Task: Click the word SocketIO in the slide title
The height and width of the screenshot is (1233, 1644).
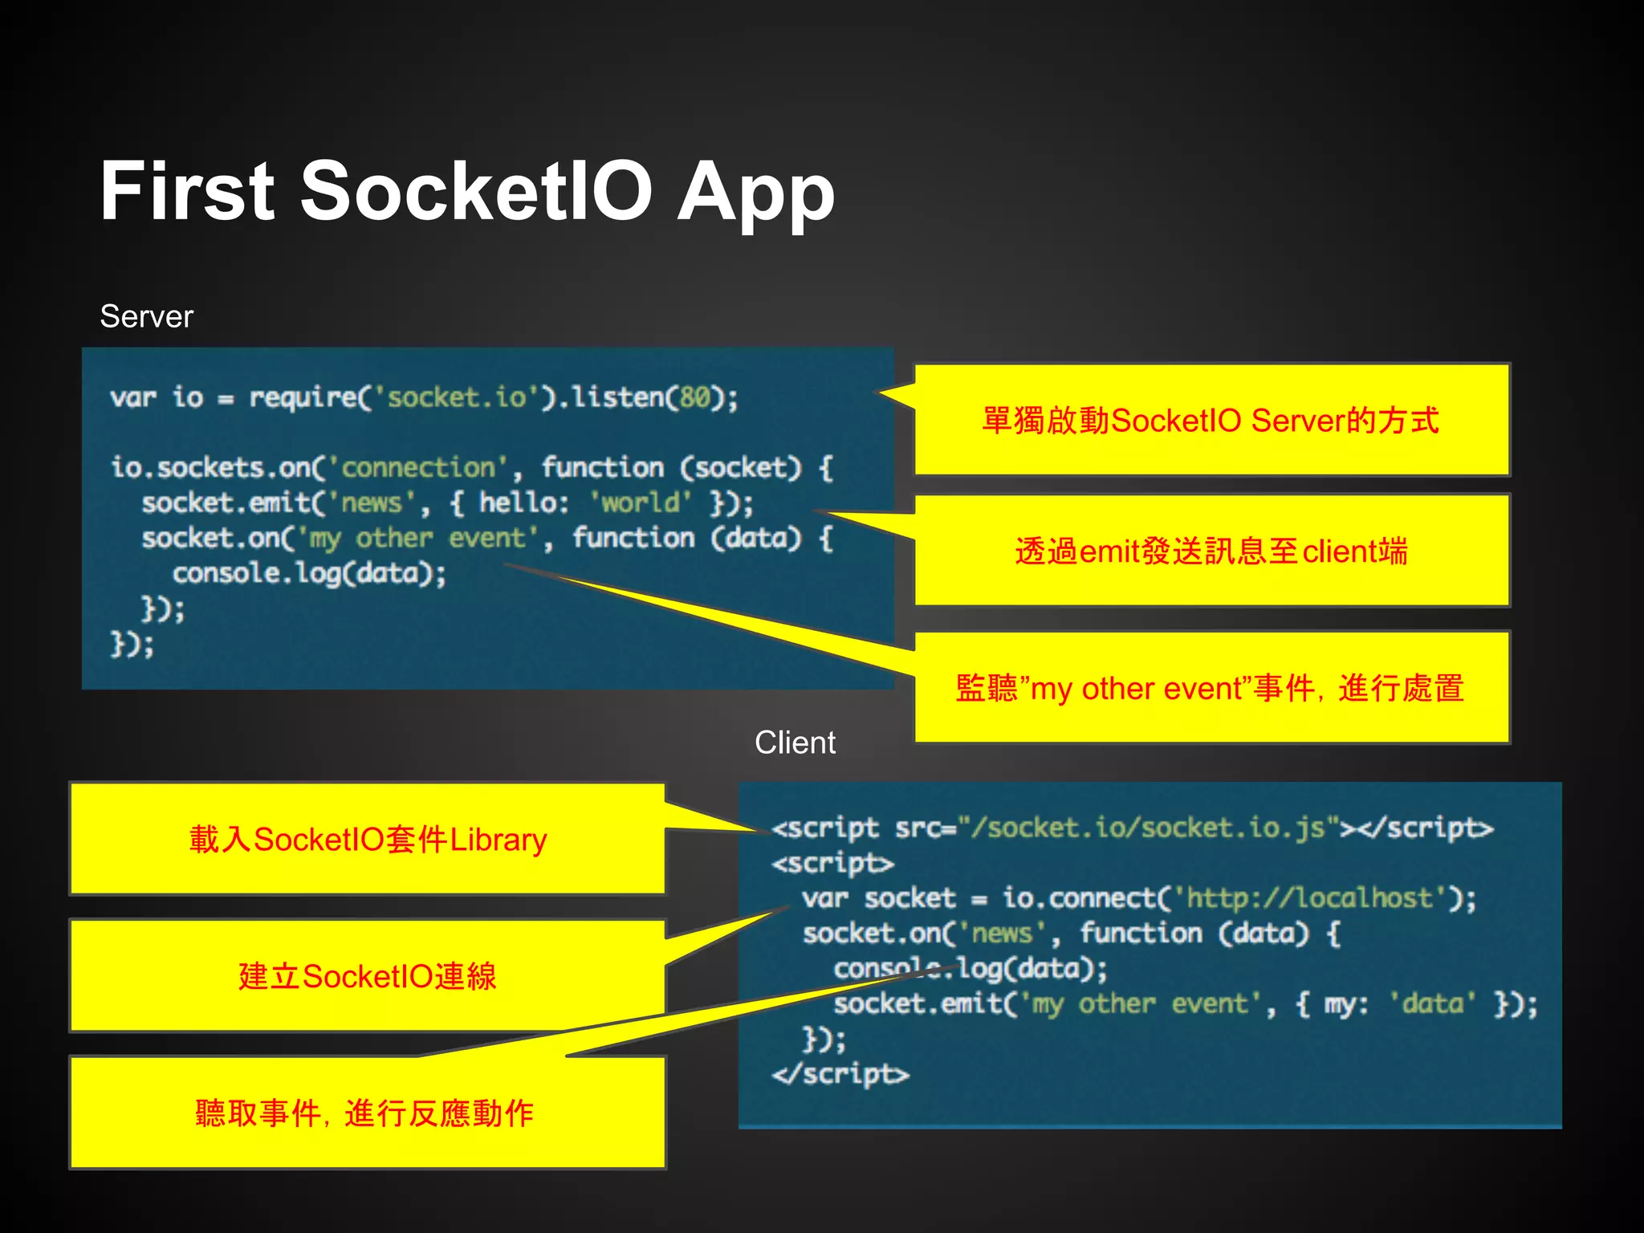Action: point(475,191)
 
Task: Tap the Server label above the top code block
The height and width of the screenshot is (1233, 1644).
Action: point(146,316)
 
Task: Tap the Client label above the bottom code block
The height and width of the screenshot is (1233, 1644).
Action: point(795,743)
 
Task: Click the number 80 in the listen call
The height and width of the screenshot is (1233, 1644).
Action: point(695,397)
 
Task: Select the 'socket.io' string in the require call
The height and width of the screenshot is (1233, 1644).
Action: point(456,397)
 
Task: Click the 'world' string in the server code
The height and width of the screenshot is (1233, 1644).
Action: point(641,503)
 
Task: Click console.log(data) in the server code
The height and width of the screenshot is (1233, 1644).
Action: point(309,573)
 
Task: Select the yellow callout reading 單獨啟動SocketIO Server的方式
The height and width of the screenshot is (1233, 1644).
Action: point(1211,420)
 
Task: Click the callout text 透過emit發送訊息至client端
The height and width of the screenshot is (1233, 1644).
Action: point(1211,551)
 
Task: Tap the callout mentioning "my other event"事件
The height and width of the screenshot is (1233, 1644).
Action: point(1211,688)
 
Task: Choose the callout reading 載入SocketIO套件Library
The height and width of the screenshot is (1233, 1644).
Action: point(368,839)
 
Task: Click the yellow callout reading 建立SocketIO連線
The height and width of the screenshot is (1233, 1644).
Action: point(368,976)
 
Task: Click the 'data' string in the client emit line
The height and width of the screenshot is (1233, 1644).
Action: point(1432,1003)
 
